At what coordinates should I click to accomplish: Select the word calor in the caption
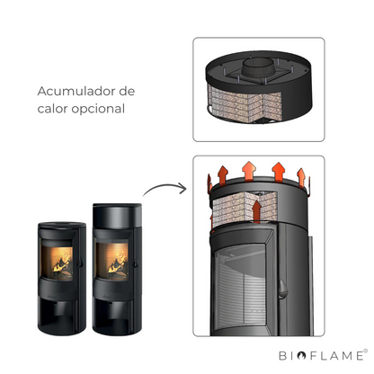52,109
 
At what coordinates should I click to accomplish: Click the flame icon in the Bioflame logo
301,356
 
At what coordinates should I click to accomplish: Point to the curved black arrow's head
183,188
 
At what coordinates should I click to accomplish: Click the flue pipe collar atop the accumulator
257,67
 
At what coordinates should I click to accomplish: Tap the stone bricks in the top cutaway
245,103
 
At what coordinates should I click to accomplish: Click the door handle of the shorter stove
80,262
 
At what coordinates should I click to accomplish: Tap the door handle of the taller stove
136,263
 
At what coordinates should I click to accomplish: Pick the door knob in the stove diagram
282,289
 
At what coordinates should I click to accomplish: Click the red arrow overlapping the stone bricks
256,211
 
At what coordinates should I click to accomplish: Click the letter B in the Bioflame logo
282,356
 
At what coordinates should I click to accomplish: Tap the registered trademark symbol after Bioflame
365,351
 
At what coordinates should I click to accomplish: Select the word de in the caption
127,91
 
